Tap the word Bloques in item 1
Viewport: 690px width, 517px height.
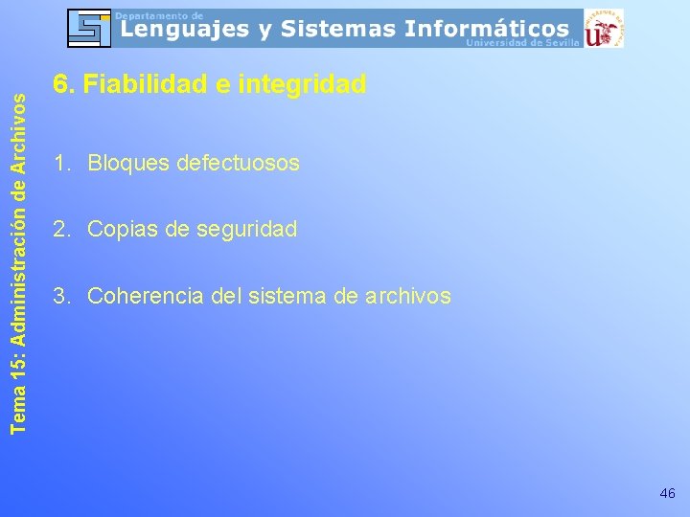point(124,164)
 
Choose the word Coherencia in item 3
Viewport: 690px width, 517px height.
point(145,297)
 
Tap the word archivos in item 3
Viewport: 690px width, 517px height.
point(407,297)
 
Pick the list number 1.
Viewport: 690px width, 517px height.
point(59,164)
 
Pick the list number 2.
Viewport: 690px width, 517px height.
point(59,230)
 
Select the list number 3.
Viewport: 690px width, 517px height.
point(59,297)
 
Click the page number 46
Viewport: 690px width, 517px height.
point(667,494)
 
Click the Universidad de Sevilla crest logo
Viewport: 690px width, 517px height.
point(605,28)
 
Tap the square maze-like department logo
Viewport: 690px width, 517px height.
point(90,28)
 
